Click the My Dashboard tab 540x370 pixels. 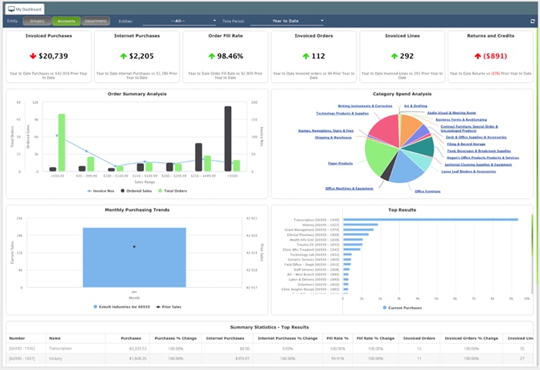click(25, 8)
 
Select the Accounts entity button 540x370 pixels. click(66, 22)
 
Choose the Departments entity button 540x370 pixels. click(96, 22)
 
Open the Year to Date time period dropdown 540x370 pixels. click(287, 22)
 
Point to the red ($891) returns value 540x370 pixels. click(489, 56)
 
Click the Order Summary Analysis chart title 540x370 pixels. click(137, 94)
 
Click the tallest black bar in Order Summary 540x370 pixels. click(228, 138)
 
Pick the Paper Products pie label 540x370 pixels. click(340, 163)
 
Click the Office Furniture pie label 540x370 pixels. click(428, 191)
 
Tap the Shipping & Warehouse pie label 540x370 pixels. click(334, 138)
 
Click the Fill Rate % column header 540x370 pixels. click(337, 338)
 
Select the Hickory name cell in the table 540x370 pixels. click(56, 358)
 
